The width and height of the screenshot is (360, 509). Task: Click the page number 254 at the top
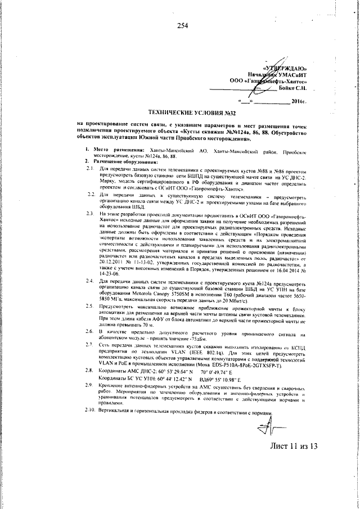(181, 25)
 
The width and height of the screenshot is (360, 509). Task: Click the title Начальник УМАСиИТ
(278, 74)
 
